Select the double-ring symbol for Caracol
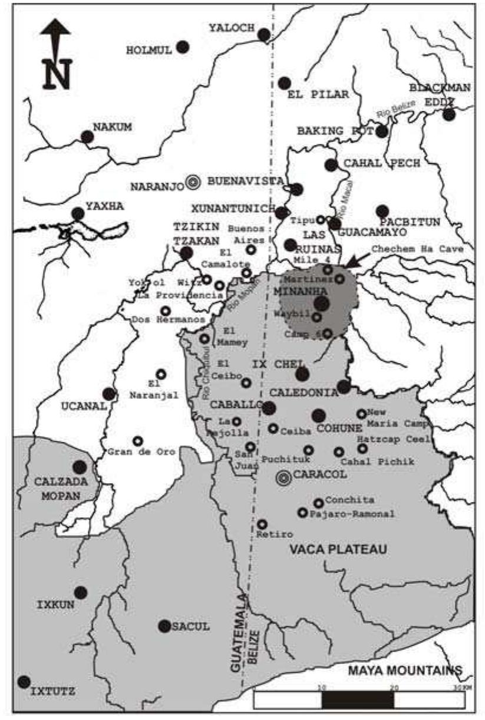(x=283, y=478)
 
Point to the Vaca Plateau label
(x=338, y=550)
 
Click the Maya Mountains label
(x=404, y=670)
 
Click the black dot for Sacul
(x=164, y=626)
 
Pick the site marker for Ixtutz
(x=24, y=682)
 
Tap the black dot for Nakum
(x=87, y=137)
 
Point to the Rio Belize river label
(x=397, y=109)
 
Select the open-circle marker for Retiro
(x=262, y=524)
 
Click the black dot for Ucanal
(x=109, y=394)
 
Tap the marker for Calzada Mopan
(x=79, y=467)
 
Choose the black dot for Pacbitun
(x=382, y=211)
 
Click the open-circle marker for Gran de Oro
(x=137, y=441)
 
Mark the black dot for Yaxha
(x=78, y=213)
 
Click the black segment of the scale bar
(x=358, y=699)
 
